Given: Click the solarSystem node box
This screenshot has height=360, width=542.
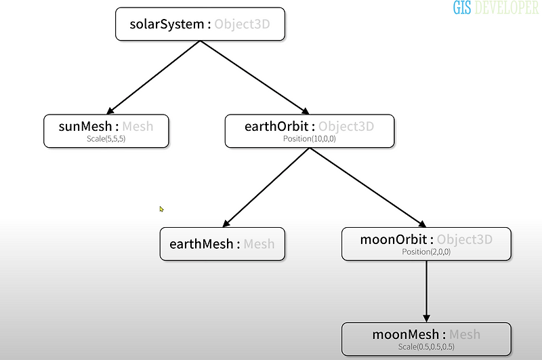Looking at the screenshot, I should tap(200, 24).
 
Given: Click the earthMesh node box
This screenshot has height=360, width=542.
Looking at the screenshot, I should tap(222, 244).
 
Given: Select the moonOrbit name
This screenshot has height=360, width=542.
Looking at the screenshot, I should tap(393, 239).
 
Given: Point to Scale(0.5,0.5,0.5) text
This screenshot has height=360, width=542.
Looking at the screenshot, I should tap(426, 346).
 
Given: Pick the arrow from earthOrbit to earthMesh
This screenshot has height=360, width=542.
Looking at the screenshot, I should tap(266, 186).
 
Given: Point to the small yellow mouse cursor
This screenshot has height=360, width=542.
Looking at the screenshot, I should tap(161, 209).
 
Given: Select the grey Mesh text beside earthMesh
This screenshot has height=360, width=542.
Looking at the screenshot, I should tap(259, 244).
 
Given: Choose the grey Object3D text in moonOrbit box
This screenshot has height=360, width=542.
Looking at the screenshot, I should tap(464, 239).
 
